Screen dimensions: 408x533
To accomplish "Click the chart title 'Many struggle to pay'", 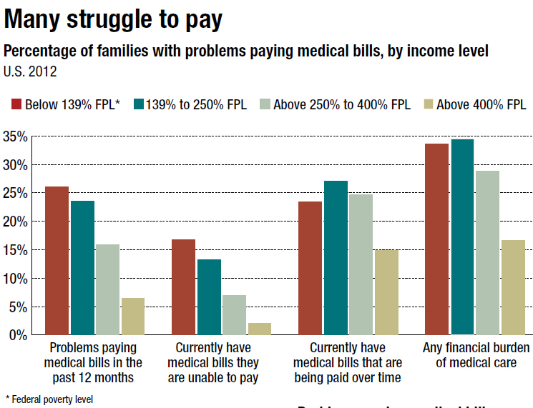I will click(113, 20).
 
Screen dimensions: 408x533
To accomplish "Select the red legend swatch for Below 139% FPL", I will click(16, 104).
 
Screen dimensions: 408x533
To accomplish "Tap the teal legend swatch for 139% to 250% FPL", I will click(137, 104).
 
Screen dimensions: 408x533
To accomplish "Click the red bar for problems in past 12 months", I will click(57, 261).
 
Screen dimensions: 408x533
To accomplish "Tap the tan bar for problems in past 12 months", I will click(132, 317).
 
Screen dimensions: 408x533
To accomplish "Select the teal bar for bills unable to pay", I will click(209, 297).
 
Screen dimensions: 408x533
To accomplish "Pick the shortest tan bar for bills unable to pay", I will click(260, 329).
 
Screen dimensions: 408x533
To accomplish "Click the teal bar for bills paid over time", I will click(336, 258).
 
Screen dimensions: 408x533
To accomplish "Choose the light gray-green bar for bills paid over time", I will click(361, 264).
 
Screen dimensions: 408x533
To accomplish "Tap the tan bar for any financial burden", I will click(513, 287).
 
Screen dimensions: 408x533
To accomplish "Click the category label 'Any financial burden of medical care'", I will click(475, 355).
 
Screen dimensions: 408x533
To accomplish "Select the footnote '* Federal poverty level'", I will click(49, 399).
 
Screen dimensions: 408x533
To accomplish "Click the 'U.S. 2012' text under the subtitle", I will click(30, 71).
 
